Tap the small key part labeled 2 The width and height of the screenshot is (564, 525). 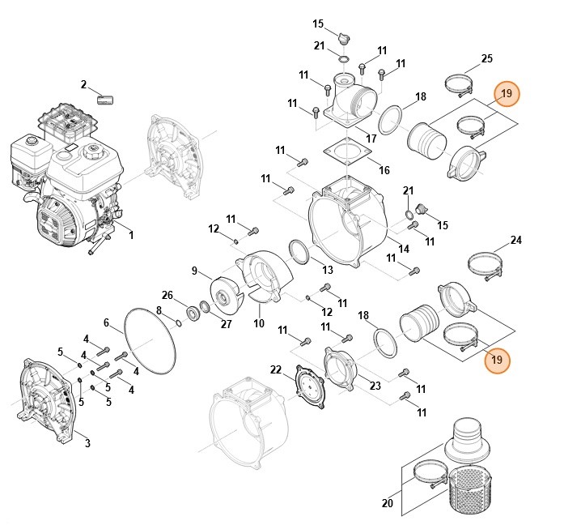[105, 100]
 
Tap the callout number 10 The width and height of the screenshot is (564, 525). [259, 324]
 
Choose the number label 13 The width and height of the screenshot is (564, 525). [328, 270]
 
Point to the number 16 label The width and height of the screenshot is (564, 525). [384, 170]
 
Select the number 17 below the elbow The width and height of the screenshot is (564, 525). [371, 139]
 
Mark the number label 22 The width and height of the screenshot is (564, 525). [275, 369]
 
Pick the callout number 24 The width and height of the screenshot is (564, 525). [516, 241]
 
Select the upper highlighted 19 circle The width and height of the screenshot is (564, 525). [507, 95]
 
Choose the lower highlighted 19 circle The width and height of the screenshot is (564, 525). [497, 359]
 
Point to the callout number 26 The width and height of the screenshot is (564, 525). [168, 294]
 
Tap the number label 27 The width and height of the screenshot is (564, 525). [226, 324]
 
